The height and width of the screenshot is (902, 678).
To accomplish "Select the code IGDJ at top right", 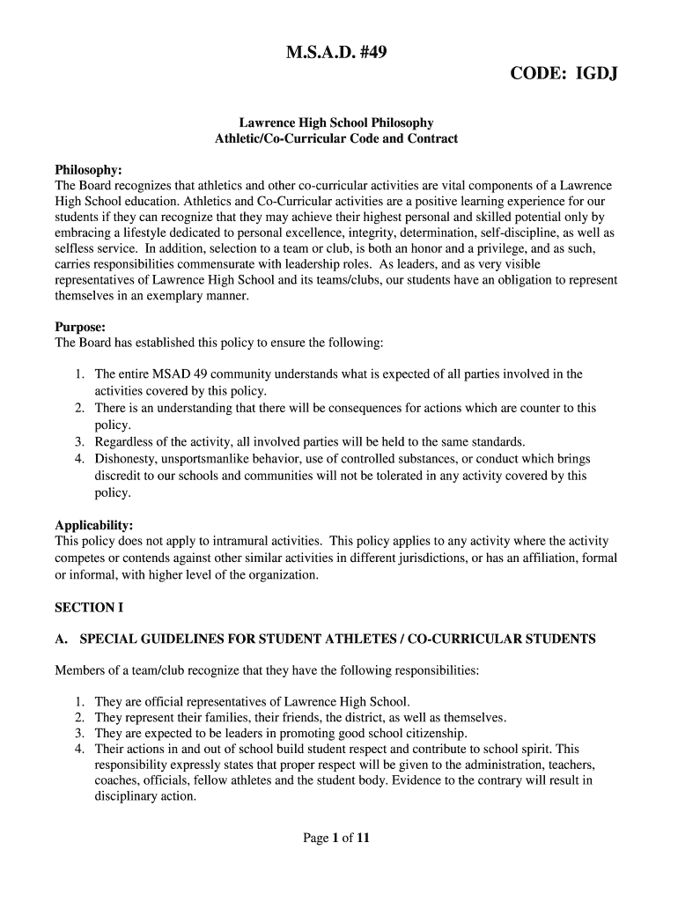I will pos(564,73).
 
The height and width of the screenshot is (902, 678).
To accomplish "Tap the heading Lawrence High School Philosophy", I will pos(337,123).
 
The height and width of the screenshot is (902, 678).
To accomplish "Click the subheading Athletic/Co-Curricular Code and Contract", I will pos(337,139).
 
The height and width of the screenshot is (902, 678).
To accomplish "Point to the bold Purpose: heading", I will pos(80,326).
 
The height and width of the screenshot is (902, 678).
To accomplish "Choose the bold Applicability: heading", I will pos(94,525).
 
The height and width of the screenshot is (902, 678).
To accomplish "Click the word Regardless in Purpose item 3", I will pos(129,441).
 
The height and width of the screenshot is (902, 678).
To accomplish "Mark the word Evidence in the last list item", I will pos(430,780).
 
